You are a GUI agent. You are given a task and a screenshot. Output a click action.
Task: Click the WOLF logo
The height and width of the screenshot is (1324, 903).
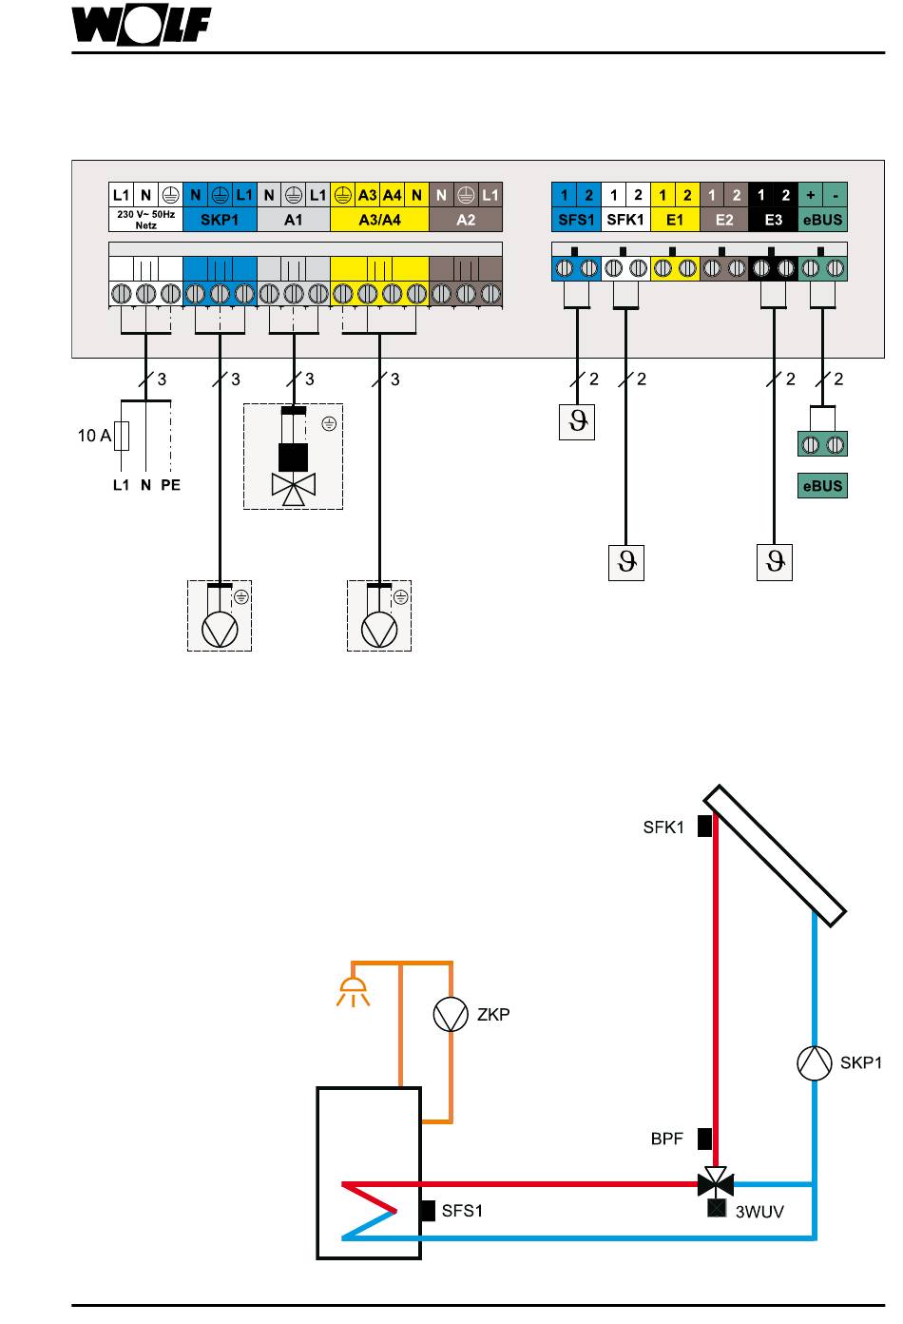(141, 26)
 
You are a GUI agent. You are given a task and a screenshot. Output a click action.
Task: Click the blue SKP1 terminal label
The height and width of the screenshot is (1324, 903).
(220, 220)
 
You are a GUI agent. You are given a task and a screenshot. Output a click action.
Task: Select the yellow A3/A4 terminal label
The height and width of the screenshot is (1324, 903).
(379, 220)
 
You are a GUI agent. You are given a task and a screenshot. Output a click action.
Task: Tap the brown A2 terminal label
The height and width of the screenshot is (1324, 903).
(466, 220)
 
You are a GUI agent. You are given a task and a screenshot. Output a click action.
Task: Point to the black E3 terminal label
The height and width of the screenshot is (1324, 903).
(773, 220)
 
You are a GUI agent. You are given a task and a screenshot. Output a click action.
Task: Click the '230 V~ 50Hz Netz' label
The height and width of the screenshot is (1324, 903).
(145, 220)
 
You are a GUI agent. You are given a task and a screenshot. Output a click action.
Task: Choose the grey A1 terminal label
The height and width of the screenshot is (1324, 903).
(294, 220)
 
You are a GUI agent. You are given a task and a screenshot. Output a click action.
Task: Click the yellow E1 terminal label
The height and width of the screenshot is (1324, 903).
(675, 220)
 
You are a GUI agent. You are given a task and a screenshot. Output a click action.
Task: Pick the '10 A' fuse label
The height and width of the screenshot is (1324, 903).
(94, 436)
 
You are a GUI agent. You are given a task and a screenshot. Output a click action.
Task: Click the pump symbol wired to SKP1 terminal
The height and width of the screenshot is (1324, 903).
(220, 630)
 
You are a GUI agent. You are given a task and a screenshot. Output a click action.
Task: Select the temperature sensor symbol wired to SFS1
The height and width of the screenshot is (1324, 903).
(577, 421)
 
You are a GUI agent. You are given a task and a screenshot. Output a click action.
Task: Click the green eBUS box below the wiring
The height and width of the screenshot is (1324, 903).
(823, 485)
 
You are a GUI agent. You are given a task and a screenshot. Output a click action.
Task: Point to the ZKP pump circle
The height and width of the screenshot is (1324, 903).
(451, 1014)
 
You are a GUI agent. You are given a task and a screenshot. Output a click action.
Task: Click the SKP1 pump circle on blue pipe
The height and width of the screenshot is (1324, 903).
(815, 1062)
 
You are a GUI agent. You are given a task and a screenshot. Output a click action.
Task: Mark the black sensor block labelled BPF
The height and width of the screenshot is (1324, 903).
(704, 1139)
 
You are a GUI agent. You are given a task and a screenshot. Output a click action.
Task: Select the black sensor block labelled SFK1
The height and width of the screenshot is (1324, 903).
(704, 826)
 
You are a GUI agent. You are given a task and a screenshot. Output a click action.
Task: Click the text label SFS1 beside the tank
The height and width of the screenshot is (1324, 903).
(462, 1211)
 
